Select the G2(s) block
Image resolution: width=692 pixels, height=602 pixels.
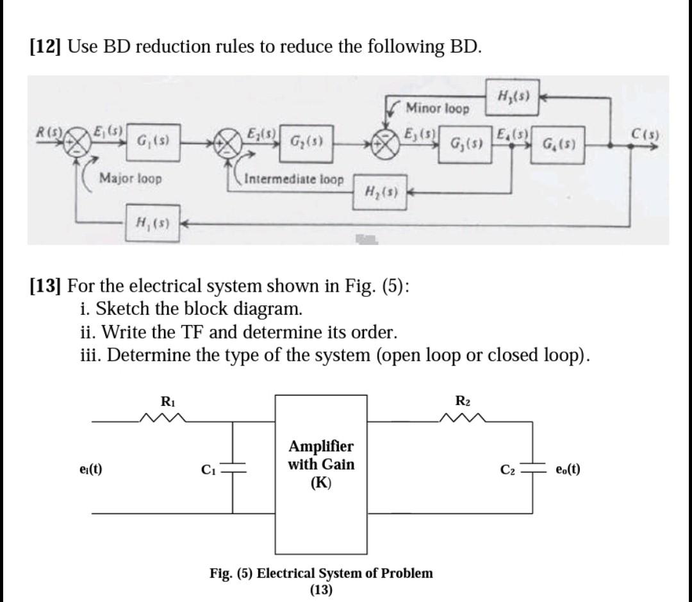tap(306, 139)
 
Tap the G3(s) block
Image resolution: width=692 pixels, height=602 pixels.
tap(466, 140)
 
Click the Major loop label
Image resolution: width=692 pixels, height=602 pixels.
tap(131, 178)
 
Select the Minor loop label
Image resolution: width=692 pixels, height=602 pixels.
tap(438, 108)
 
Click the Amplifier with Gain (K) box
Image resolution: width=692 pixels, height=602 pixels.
tap(321, 474)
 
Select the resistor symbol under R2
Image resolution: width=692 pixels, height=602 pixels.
tap(464, 421)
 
